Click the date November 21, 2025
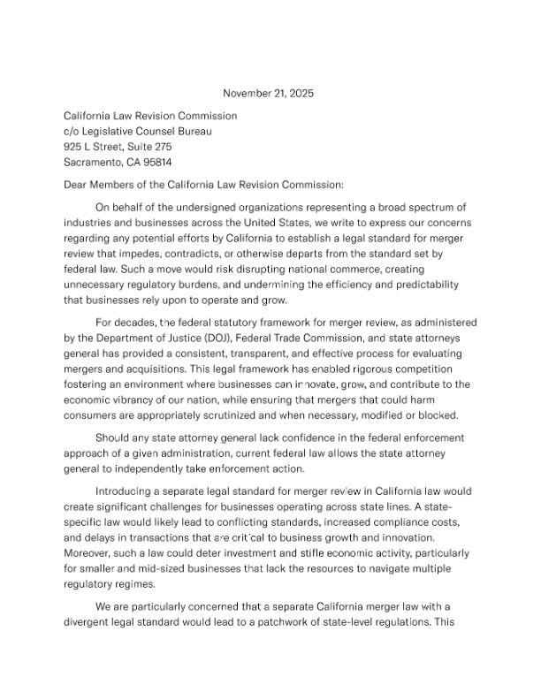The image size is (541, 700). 268,93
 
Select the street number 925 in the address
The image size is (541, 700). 73,147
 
